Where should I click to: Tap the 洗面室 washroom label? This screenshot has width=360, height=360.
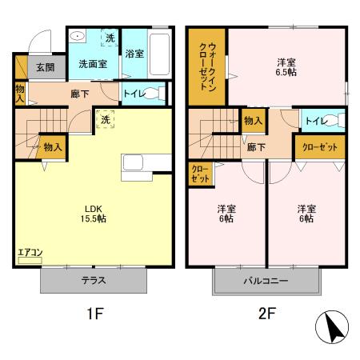point(92,64)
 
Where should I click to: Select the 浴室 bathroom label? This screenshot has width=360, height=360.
point(134,54)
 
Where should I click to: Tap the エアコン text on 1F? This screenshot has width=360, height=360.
point(30,254)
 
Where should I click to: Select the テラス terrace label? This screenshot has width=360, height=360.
point(94,281)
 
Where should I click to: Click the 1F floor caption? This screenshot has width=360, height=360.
point(94,314)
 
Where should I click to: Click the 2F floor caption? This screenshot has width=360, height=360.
point(266,314)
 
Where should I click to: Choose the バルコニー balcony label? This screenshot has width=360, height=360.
point(266,282)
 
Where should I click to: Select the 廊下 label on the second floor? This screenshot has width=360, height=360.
point(256,147)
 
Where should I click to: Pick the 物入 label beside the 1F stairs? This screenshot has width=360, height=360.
point(53,147)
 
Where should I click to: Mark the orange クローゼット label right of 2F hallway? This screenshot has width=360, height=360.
point(319,147)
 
